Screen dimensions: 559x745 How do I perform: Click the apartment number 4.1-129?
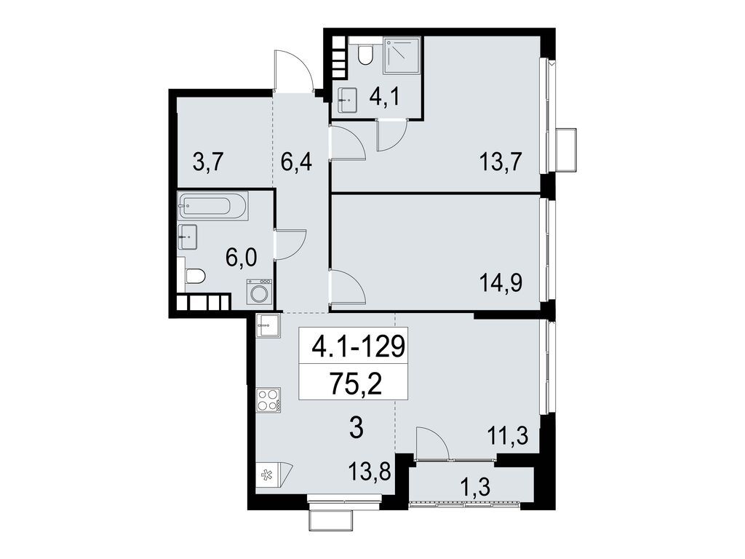(356, 346)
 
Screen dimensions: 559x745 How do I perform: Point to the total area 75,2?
(356, 383)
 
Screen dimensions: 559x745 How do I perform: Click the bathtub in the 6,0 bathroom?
(212, 205)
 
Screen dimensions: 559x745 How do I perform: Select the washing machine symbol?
(259, 293)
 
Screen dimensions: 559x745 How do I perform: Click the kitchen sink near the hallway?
(268, 325)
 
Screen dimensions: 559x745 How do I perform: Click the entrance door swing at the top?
(293, 71)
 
